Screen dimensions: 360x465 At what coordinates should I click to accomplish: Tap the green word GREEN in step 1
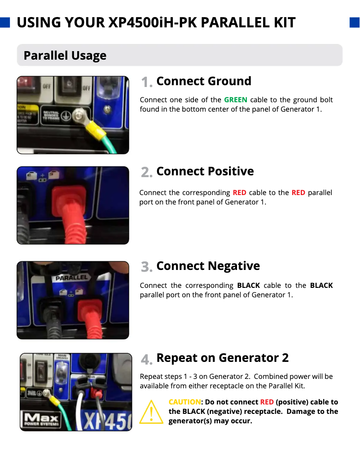[x=236, y=100]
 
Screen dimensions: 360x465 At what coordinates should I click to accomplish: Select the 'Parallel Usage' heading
[x=65, y=56]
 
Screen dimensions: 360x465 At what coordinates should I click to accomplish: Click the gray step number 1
[x=147, y=82]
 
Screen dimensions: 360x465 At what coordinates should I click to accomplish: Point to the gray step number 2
[x=147, y=172]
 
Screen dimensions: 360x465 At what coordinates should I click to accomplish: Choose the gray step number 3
[x=147, y=267]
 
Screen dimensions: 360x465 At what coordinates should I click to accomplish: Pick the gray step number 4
[x=147, y=360]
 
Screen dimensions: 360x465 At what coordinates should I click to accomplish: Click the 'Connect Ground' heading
[x=204, y=81]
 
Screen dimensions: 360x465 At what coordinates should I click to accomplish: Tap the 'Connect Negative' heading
[x=208, y=266]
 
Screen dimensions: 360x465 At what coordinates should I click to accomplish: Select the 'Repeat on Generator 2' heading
[x=223, y=358]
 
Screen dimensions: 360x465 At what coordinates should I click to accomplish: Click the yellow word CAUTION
[x=184, y=402]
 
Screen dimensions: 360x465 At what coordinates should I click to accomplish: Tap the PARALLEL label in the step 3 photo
[x=72, y=278]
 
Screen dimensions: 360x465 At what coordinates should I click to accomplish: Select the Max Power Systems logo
[x=41, y=420]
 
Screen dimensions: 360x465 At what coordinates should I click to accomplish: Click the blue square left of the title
[x=5, y=22]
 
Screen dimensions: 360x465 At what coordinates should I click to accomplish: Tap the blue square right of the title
[x=355, y=22]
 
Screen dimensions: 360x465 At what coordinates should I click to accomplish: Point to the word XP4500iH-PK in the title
[x=153, y=22]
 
